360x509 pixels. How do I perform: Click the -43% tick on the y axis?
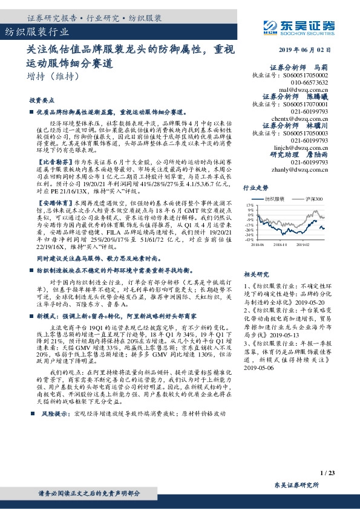248,239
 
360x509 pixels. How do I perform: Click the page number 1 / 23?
329,473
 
